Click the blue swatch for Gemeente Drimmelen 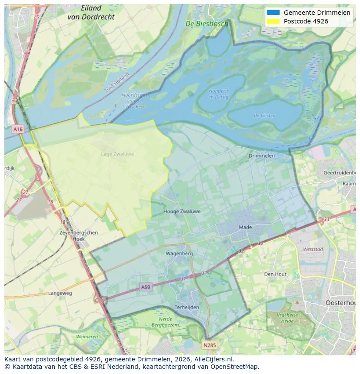[273, 13]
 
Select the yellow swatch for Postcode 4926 [273, 21]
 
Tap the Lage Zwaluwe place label [117, 154]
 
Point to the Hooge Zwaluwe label [182, 212]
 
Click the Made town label [245, 227]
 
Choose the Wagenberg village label [179, 253]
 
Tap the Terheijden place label [187, 307]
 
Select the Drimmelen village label [261, 156]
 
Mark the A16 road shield [18, 129]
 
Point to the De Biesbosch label [207, 24]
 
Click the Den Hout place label [275, 274]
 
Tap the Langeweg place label [60, 293]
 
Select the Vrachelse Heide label [288, 318]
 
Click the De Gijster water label [264, 116]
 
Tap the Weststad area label [313, 249]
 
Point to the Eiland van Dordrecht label [91, 13]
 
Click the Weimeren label [87, 337]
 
